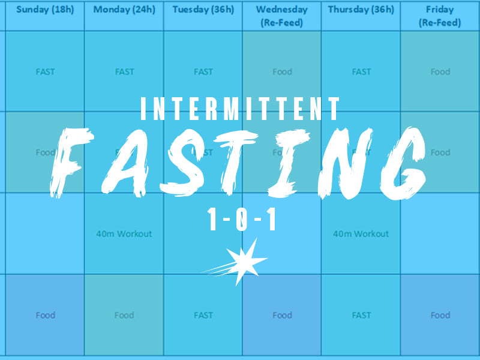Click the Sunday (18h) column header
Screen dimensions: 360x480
[46, 10]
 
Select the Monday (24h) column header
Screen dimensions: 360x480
[124, 10]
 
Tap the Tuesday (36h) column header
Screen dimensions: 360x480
[203, 10]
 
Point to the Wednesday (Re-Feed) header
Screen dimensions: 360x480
[282, 16]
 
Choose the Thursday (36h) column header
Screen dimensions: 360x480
[361, 10]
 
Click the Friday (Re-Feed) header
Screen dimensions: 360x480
[440, 16]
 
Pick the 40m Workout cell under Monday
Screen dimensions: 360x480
[124, 234]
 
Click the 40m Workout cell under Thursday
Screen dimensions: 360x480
[361, 234]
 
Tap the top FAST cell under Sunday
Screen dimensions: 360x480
[46, 72]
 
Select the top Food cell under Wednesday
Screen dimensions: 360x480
[282, 72]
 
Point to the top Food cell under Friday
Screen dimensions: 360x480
[440, 72]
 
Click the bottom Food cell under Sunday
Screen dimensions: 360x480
[46, 315]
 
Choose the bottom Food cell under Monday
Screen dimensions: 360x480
[124, 315]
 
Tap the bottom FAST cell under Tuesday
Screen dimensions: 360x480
[203, 315]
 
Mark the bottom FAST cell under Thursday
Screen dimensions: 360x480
[361, 315]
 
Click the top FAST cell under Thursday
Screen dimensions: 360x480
[361, 72]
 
